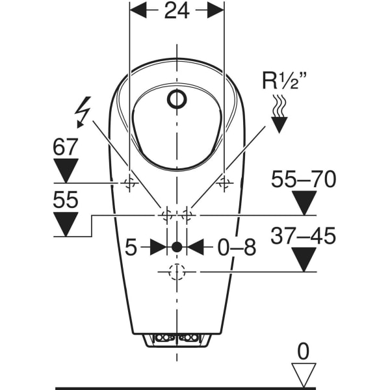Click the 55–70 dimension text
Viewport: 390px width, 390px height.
[x=304, y=179]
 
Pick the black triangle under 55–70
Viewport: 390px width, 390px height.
[x=304, y=203]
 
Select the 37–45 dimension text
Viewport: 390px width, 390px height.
[x=304, y=236]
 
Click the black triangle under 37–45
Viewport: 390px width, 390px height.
[x=304, y=259]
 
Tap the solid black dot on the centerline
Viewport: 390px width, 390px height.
[x=177, y=247]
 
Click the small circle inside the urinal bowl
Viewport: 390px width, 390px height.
[x=176, y=99]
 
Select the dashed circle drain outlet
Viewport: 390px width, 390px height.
[x=177, y=272]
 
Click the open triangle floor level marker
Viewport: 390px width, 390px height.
[x=304, y=373]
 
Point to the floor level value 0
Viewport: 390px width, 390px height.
[x=304, y=351]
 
